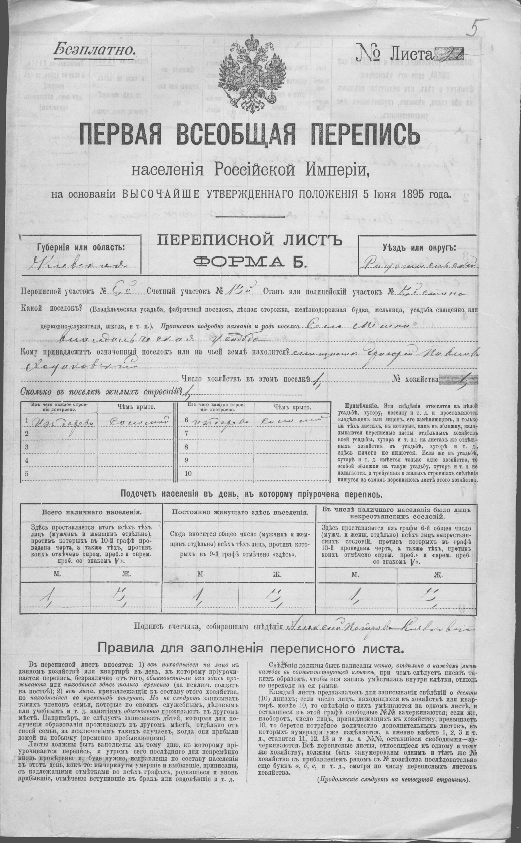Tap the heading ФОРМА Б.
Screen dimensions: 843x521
pos(250,263)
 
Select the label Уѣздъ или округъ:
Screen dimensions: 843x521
pos(418,247)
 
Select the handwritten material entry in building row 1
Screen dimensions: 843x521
pos(62,421)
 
